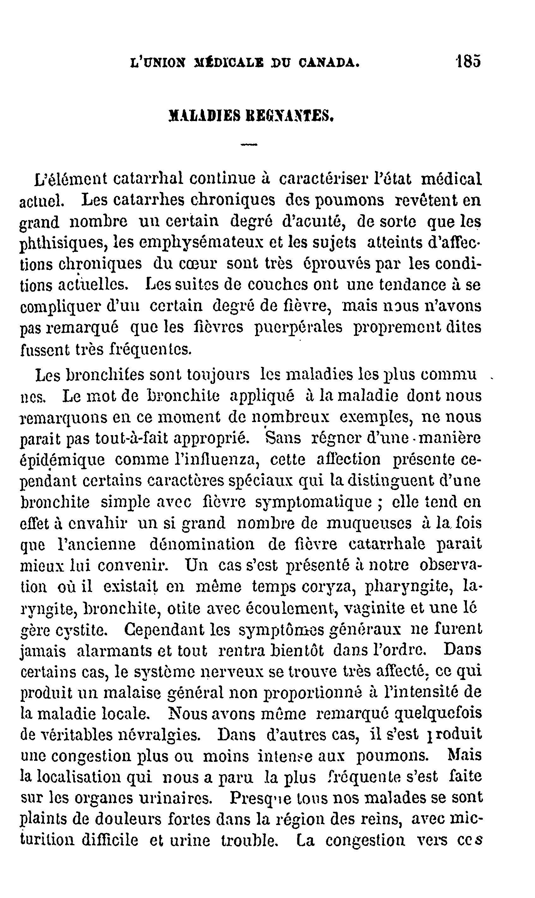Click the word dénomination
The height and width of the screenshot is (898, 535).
[201, 544]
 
